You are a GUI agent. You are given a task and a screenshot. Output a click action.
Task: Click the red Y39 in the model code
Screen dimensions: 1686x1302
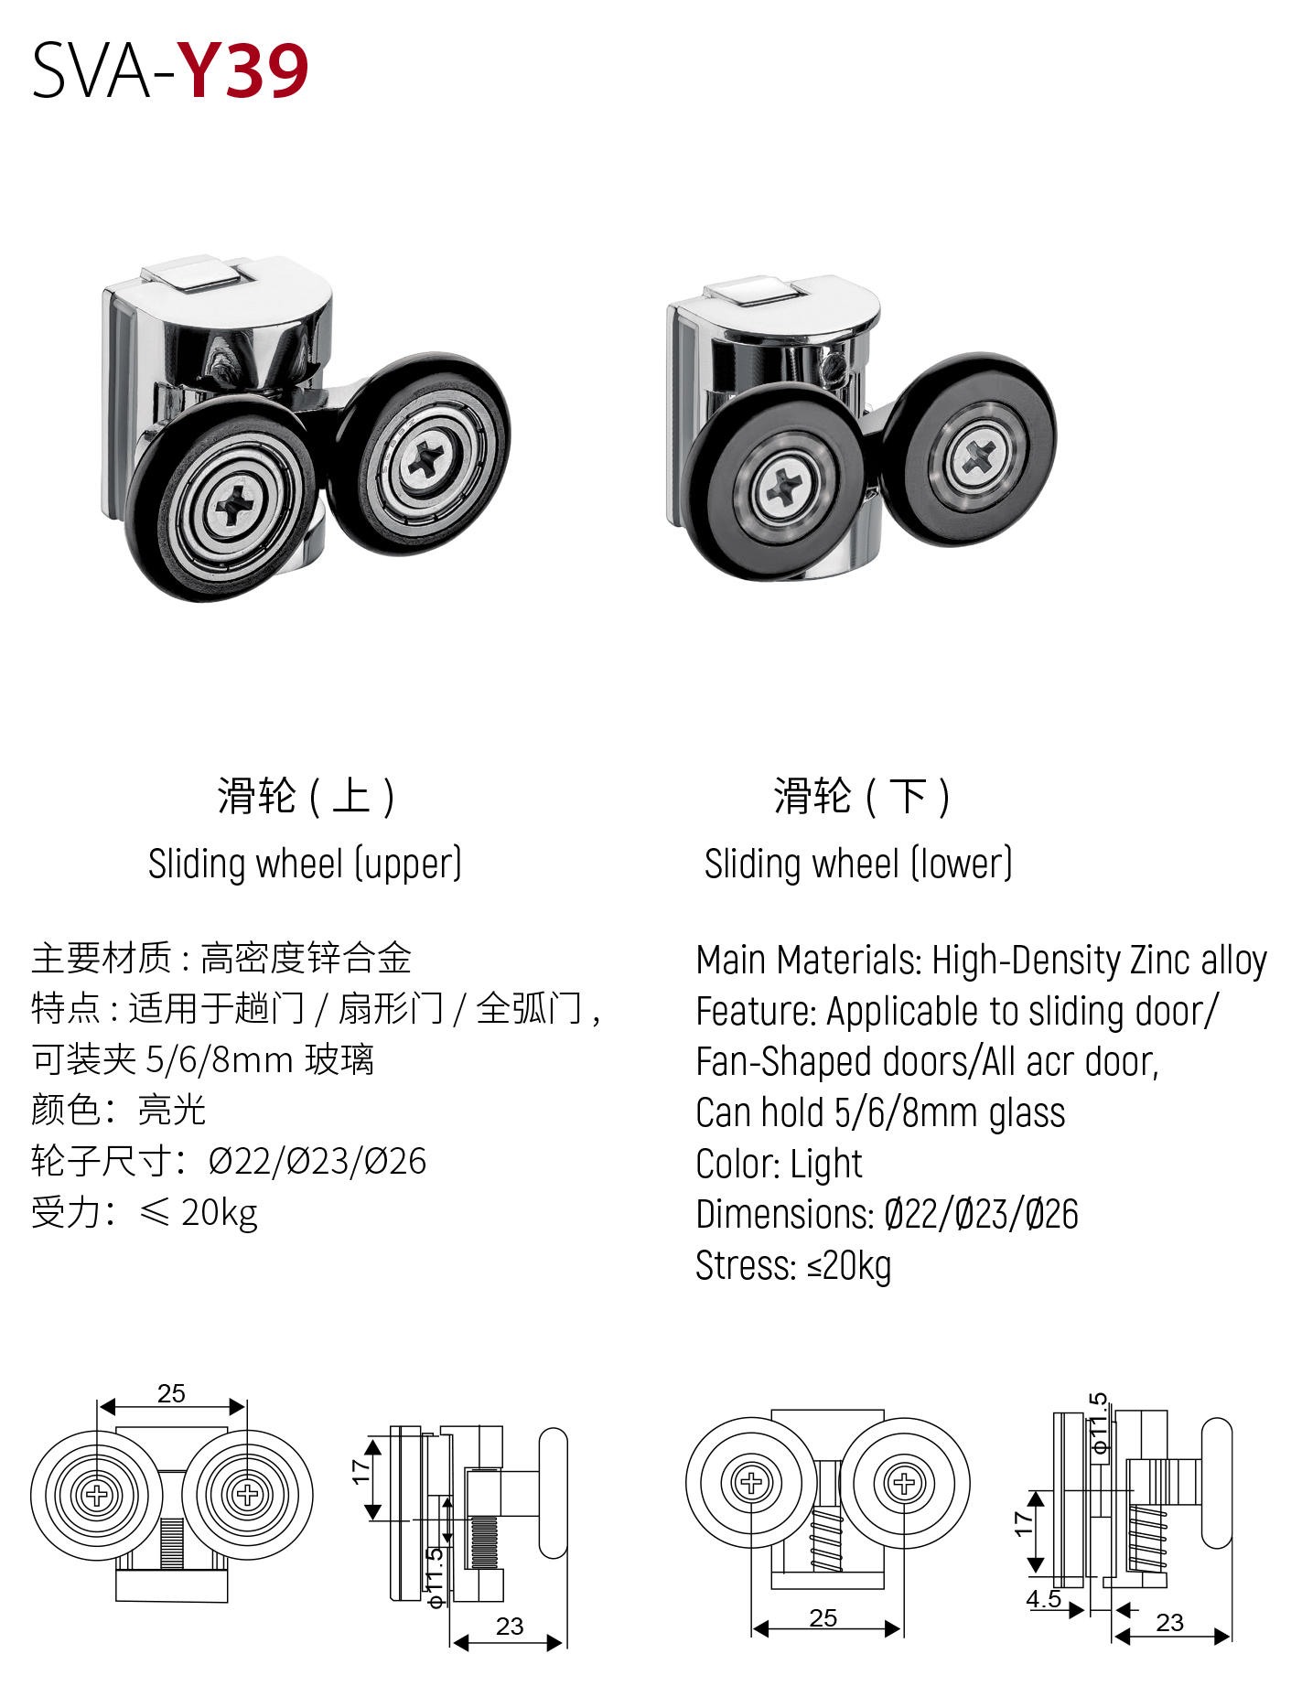click(242, 70)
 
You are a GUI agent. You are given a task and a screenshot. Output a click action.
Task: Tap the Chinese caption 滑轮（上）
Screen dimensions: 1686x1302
click(306, 795)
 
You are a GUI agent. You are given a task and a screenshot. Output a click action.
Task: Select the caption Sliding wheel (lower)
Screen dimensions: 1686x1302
click(857, 864)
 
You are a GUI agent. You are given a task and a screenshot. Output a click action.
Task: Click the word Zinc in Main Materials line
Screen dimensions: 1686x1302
click(1159, 960)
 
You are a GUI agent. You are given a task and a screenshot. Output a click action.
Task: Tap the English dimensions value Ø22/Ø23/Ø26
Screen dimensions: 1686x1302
click(981, 1215)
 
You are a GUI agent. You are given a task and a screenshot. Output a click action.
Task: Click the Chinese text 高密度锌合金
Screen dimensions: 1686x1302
click(306, 959)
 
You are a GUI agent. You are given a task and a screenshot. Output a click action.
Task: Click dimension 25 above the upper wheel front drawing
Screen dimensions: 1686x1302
click(171, 1393)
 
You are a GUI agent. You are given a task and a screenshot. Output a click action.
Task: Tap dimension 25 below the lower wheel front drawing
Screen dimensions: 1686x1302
click(823, 1618)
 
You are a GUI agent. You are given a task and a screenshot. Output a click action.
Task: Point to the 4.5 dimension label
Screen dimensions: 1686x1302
click(1043, 1599)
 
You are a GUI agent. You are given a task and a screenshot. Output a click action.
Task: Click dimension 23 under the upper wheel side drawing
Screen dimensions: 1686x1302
click(510, 1627)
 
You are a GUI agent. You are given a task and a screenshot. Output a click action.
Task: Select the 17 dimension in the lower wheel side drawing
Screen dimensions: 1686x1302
click(1024, 1523)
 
